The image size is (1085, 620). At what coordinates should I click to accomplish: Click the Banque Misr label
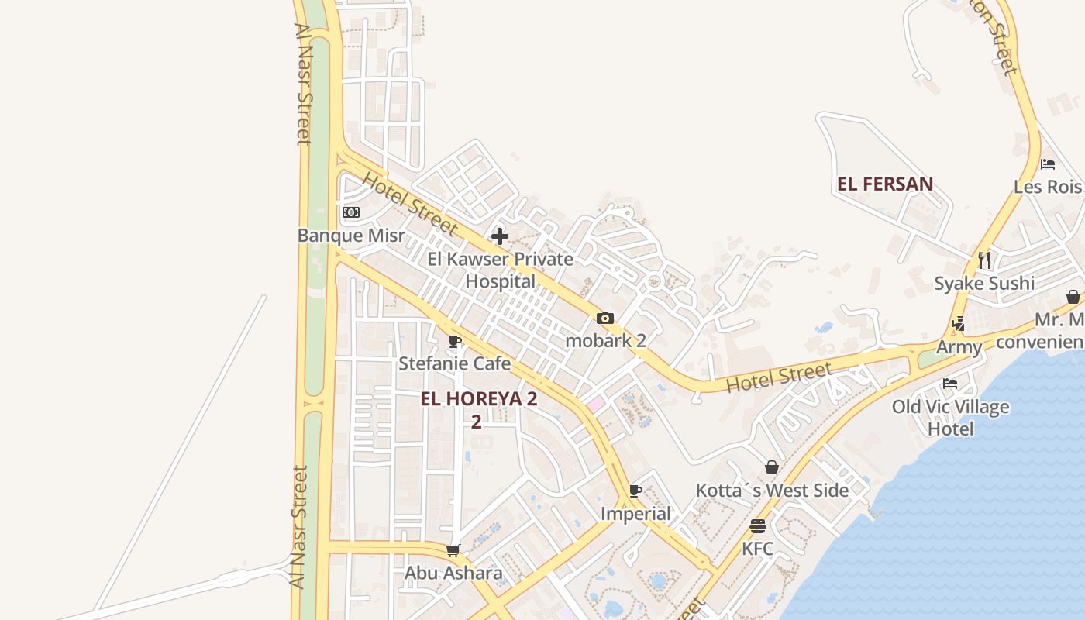(351, 235)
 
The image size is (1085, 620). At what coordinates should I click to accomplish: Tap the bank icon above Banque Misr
(351, 212)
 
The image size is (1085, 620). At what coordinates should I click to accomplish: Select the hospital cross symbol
(500, 236)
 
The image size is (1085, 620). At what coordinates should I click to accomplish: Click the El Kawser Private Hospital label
(501, 270)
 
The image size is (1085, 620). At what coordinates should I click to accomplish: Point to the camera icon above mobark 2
(605, 318)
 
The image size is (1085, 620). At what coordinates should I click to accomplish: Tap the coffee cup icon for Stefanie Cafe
(455, 341)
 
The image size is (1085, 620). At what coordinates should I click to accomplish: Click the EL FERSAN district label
(885, 184)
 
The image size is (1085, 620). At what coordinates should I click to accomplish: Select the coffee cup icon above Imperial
(635, 491)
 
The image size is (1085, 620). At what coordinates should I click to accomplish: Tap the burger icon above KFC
(758, 526)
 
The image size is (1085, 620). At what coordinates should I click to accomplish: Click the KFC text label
(758, 549)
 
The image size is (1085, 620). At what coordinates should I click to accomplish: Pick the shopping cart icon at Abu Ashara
(453, 551)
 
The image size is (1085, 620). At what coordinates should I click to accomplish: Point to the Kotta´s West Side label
(772, 491)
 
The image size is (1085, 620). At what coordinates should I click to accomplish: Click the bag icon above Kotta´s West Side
(772, 467)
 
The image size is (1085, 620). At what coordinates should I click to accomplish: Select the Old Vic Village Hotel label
(950, 417)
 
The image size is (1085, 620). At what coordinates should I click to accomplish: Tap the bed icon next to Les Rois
(1048, 164)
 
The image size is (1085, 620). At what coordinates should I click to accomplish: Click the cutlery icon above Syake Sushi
(984, 260)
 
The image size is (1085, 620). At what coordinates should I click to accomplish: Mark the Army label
(959, 347)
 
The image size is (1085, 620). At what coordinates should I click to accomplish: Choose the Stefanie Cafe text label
(455, 363)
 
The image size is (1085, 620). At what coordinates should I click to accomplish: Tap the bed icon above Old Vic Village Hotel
(950, 383)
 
